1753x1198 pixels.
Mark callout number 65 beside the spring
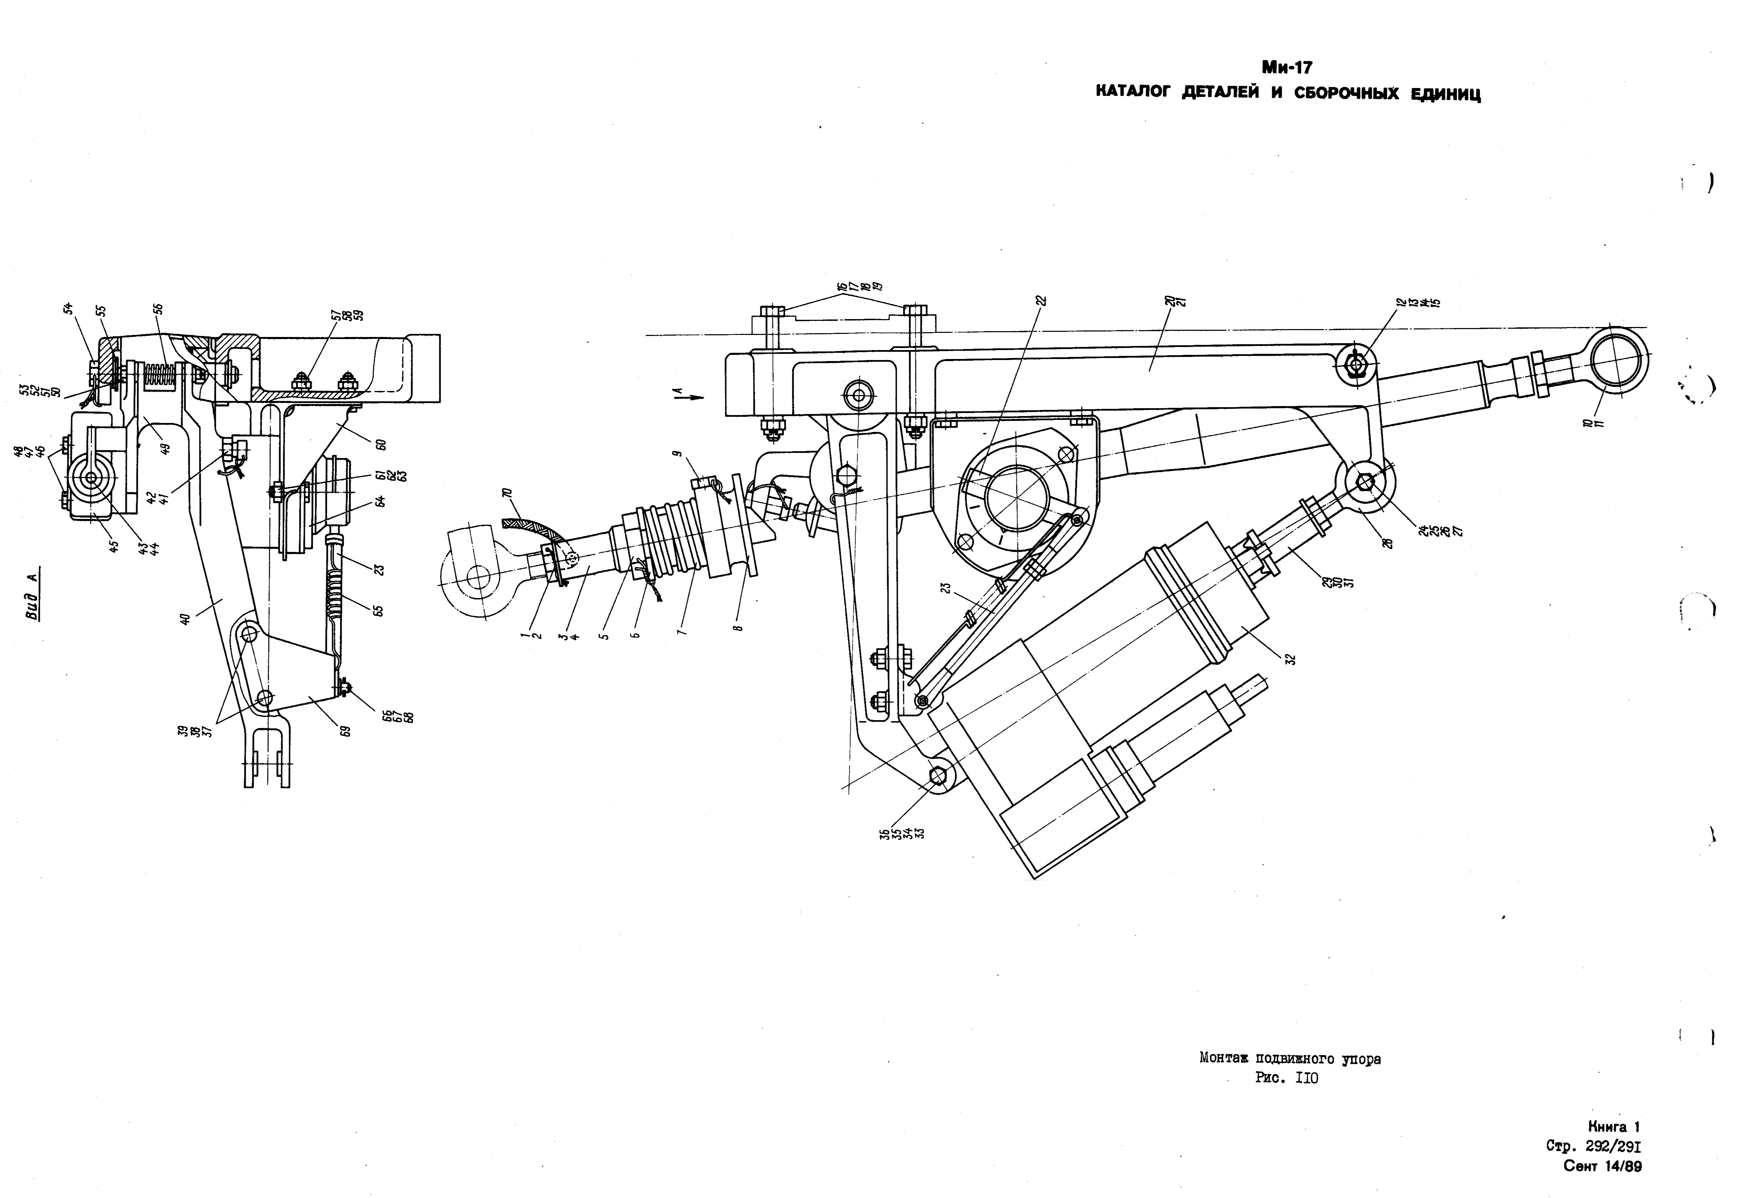pos(379,609)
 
